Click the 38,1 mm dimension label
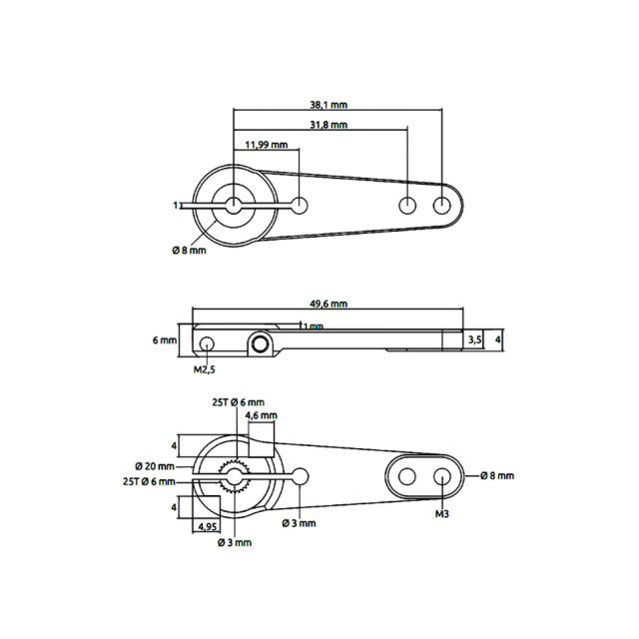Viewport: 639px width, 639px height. click(328, 105)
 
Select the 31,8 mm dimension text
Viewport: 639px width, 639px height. click(328, 125)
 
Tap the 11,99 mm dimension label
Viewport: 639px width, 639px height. click(267, 145)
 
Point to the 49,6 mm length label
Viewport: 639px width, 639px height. click(328, 304)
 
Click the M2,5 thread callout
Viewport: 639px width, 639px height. click(204, 369)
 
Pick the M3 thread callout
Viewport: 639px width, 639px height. click(442, 514)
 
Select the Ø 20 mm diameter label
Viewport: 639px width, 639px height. click(155, 466)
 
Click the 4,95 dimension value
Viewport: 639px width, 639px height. click(207, 526)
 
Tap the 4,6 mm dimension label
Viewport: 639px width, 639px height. click(261, 415)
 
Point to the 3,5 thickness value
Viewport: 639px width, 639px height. click(474, 339)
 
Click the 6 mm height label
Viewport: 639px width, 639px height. click(165, 339)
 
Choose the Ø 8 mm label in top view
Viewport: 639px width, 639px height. click(189, 251)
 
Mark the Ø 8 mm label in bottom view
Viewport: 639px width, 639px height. click(497, 475)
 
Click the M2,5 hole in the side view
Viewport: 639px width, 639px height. click(207, 343)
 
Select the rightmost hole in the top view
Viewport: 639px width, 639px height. click(442, 206)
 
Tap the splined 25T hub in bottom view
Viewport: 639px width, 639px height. click(235, 475)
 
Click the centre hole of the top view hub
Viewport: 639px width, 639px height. click(234, 206)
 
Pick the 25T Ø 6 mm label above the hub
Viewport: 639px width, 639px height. click(238, 402)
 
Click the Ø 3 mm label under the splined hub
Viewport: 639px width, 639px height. click(235, 542)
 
